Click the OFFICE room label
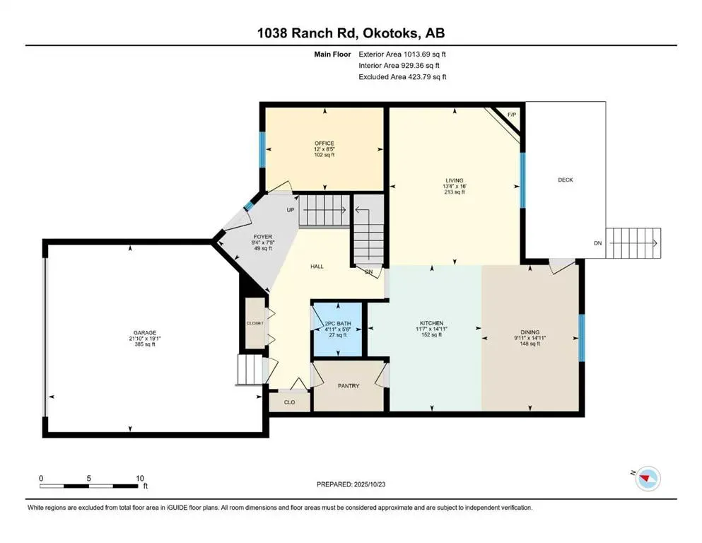click(324, 144)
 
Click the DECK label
click(565, 180)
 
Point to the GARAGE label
click(145, 333)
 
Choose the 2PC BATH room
click(337, 329)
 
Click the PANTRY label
click(349, 385)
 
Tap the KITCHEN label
click(430, 323)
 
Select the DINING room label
click(530, 332)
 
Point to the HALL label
click(317, 267)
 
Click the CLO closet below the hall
click(288, 402)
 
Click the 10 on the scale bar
click(139, 478)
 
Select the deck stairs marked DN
click(635, 243)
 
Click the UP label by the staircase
click(290, 210)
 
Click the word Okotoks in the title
click(389, 33)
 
